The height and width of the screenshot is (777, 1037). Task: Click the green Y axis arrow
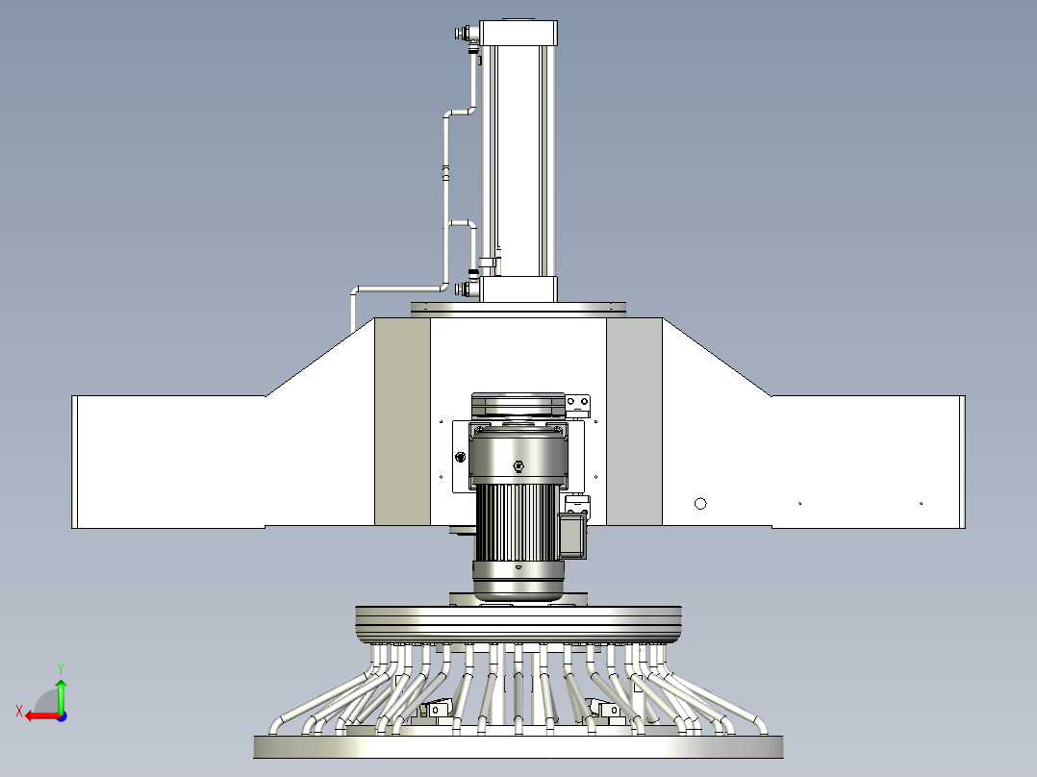click(61, 694)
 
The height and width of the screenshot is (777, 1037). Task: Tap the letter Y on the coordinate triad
click(61, 668)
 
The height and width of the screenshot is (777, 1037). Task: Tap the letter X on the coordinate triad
click(19, 712)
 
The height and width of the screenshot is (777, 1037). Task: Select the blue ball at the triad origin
click(62, 716)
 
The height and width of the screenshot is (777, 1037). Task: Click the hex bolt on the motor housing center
click(518, 466)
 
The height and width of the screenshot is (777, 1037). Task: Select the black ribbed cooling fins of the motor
click(515, 523)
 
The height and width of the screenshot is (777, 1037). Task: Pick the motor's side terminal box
click(572, 536)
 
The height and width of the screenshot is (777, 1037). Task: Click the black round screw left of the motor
click(460, 457)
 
